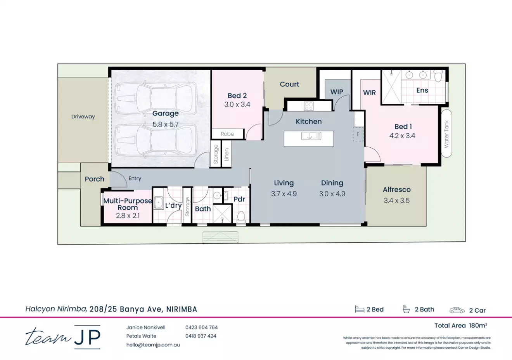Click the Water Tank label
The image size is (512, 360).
pyautogui.click(x=446, y=134)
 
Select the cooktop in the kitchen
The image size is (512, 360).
pyautogui.click(x=309, y=105)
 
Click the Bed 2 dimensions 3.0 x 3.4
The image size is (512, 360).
pyautogui.click(x=237, y=105)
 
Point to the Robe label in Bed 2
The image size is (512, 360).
pyautogui.click(x=227, y=134)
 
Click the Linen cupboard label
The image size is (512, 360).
pyautogui.click(x=227, y=155)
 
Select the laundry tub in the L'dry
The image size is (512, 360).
pyautogui.click(x=158, y=202)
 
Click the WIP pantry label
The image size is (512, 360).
pyautogui.click(x=337, y=92)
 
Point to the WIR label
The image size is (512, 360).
pyautogui.click(x=369, y=93)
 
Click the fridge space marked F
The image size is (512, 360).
pyautogui.click(x=358, y=134)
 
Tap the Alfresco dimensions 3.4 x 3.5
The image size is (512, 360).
pyautogui.click(x=396, y=201)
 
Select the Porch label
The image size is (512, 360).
pyautogui.click(x=95, y=179)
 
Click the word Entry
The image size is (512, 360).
pyautogui.click(x=135, y=179)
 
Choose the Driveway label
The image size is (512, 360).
pyautogui.click(x=83, y=117)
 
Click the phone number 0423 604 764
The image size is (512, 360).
pyautogui.click(x=201, y=327)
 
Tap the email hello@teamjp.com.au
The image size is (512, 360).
pyautogui.click(x=153, y=345)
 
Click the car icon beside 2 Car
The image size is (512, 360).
pyautogui.click(x=457, y=310)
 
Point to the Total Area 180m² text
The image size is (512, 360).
pyautogui.click(x=460, y=326)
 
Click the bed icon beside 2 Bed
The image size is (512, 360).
pyautogui.click(x=360, y=309)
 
